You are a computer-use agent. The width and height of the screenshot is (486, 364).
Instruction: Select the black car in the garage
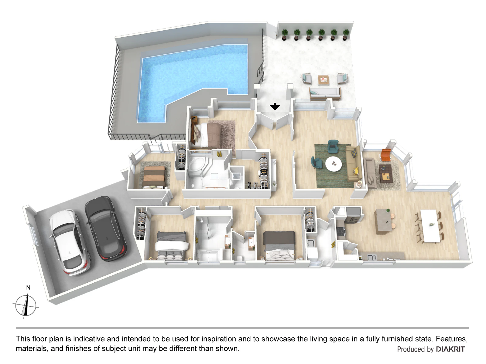pyautogui.click(x=105, y=229)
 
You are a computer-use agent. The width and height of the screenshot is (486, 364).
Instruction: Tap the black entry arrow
pyautogui.click(x=275, y=106)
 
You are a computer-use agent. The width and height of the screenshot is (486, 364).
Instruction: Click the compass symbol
pyautogui.click(x=26, y=306)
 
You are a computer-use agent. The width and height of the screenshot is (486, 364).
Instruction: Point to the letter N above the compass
pyautogui.click(x=28, y=288)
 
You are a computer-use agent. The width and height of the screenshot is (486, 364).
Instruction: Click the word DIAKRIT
pyautogui.click(x=450, y=349)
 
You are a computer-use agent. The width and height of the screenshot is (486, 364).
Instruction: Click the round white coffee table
pyautogui.click(x=334, y=164)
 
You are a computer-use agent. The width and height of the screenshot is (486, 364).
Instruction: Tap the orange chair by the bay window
pyautogui.click(x=386, y=154)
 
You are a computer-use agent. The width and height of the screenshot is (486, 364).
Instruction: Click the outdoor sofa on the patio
pyautogui.click(x=325, y=94)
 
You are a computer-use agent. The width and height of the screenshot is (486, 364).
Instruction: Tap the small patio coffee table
pyautogui.click(x=323, y=80)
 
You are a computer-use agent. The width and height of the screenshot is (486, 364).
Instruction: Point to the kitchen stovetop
pyautogui.click(x=340, y=231)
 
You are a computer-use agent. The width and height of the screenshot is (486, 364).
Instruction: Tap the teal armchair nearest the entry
pyautogui.click(x=333, y=146)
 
